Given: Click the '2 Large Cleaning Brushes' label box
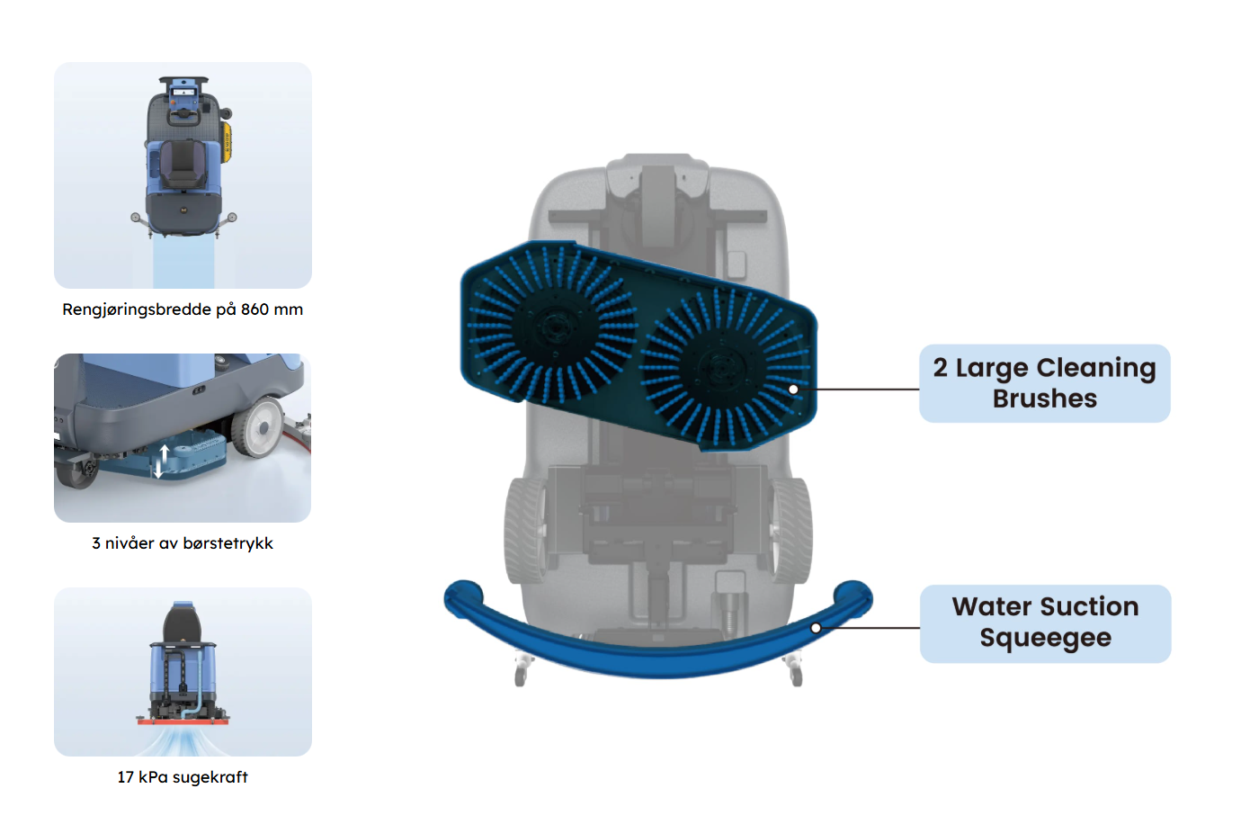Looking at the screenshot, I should [1044, 383].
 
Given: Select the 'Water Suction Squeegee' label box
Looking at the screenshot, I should [1045, 623].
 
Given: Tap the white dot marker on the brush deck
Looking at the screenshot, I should [793, 390].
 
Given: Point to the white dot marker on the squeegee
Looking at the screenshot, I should [816, 628].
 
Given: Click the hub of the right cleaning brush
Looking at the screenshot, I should [719, 366].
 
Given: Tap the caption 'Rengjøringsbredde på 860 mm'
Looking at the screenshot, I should [183, 309].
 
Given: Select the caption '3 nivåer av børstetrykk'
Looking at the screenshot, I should [183, 543].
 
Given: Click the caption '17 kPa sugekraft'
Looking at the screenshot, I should [183, 777].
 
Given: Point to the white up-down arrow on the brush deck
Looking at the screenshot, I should [162, 461].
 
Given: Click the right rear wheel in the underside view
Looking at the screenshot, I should [790, 530].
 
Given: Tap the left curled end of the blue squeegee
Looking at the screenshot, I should [463, 596].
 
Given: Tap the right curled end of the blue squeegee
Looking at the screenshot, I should [853, 596].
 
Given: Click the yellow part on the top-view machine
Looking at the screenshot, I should [227, 142].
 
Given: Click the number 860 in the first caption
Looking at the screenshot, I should [254, 309].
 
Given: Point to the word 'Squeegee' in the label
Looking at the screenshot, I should [1045, 638].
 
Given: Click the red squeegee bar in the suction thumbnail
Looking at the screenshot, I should [183, 721].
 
